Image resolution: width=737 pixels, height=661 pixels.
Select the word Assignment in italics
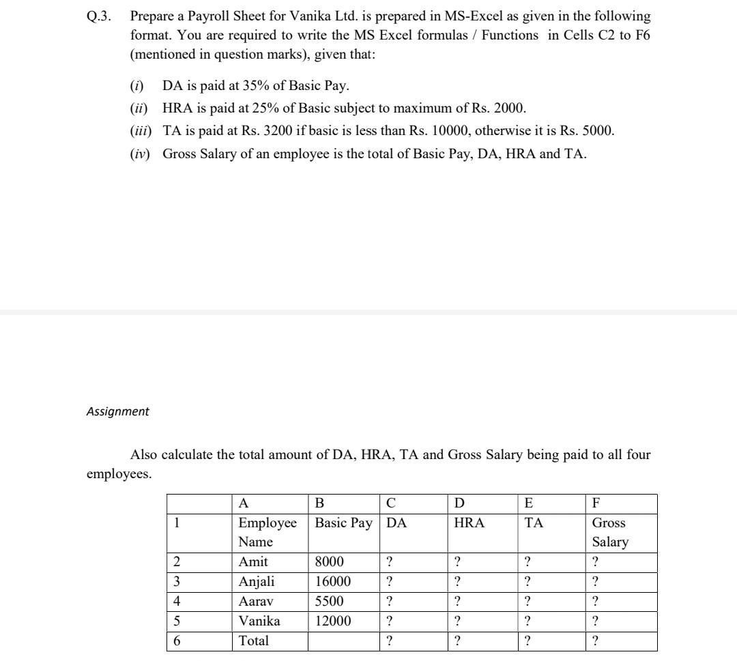[x=117, y=411]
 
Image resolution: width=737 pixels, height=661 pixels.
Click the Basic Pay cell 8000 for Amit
[x=330, y=562]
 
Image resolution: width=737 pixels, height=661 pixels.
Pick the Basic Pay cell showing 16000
[x=333, y=582]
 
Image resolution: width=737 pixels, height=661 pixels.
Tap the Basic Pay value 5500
[x=330, y=602]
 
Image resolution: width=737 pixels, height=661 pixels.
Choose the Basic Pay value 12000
[x=333, y=621]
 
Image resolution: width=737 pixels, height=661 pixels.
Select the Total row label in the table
[x=253, y=641]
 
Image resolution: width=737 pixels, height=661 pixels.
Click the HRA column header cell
[x=469, y=523]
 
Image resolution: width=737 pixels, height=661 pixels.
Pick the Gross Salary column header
[x=610, y=532]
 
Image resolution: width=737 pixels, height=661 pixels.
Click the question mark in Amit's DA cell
[x=388, y=562]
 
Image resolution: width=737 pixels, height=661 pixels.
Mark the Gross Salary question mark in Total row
[x=596, y=641]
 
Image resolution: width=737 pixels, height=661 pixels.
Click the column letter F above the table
[x=596, y=504]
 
